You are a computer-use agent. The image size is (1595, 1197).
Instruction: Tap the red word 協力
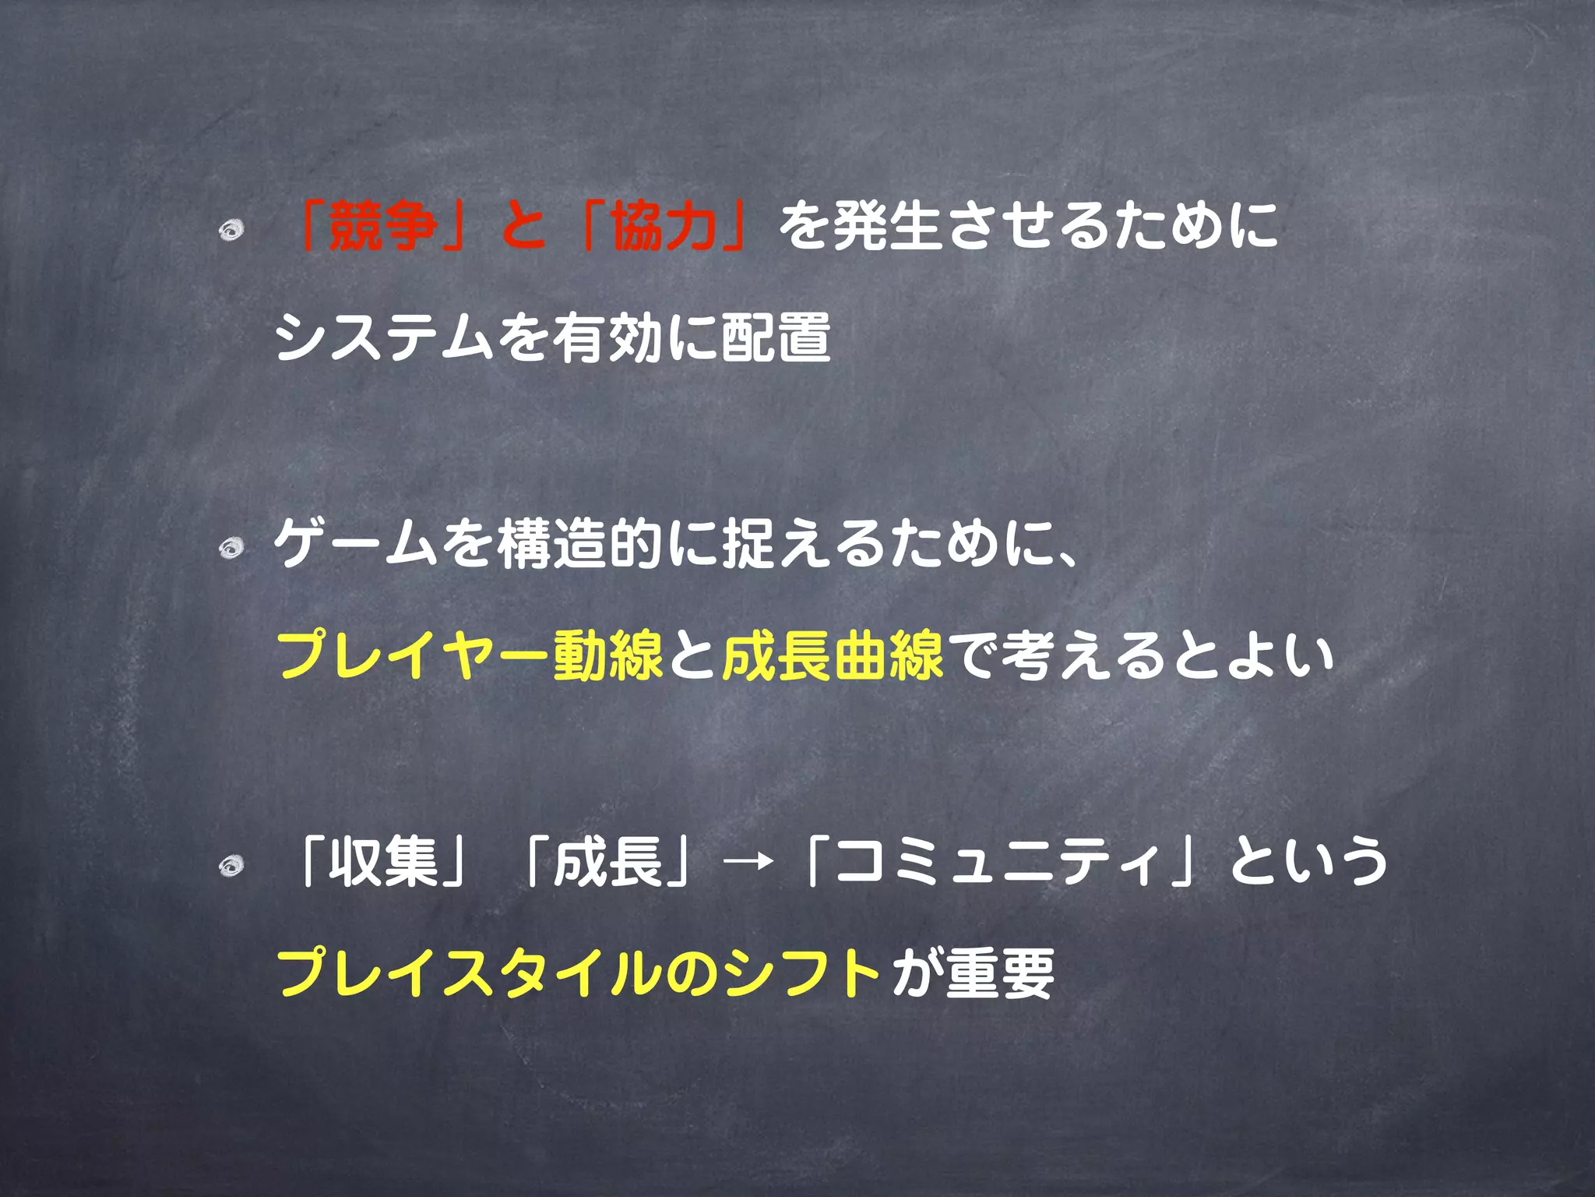coord(664,227)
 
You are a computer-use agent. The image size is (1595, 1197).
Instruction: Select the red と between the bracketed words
coord(523,227)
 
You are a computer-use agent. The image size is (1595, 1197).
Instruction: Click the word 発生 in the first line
coord(887,227)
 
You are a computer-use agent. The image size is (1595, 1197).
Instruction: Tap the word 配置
coord(776,337)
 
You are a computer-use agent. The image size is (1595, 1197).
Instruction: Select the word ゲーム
coord(357,543)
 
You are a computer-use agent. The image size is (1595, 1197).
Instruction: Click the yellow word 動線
coord(608,655)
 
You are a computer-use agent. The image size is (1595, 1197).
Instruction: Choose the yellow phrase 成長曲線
coord(833,655)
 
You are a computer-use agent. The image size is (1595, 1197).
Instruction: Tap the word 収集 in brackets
coord(383,862)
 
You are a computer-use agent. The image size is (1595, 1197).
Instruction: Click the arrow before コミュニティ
coord(748,862)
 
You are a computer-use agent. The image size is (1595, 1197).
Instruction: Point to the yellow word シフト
coord(802,973)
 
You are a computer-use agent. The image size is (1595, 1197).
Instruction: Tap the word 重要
coord(1000,973)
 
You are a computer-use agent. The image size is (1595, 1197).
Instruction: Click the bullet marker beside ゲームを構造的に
coord(231,548)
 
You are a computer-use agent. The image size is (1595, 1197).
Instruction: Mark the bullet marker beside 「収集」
coord(231,866)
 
